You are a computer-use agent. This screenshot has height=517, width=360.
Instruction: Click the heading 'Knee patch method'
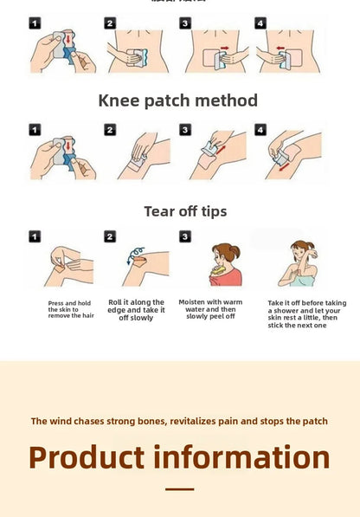tap(178, 100)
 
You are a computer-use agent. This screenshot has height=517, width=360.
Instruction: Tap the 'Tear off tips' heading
tap(185, 211)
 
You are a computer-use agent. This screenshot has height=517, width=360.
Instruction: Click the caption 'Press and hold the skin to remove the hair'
tap(71, 309)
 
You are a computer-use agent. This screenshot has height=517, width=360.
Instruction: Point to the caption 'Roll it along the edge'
tap(136, 310)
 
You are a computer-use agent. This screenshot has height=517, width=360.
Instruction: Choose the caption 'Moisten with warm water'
tap(210, 309)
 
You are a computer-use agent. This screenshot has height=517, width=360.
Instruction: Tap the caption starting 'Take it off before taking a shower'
tap(307, 313)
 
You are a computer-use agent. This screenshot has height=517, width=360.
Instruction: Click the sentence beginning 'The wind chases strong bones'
tap(179, 421)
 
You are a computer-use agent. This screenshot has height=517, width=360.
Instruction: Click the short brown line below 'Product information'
tap(179, 489)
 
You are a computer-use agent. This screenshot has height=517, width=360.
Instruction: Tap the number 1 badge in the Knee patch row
tap(35, 130)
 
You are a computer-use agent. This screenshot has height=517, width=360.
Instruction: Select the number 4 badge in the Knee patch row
tap(260, 130)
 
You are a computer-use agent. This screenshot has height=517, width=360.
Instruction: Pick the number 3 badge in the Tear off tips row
tap(185, 236)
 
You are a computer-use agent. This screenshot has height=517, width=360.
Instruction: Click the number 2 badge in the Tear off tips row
tap(110, 236)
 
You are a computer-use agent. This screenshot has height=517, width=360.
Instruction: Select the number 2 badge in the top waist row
tap(110, 23)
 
